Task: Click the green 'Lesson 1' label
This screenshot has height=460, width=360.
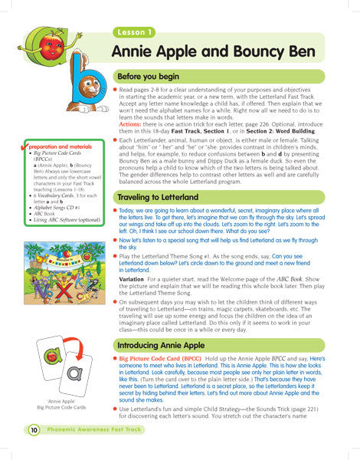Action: (136, 32)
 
